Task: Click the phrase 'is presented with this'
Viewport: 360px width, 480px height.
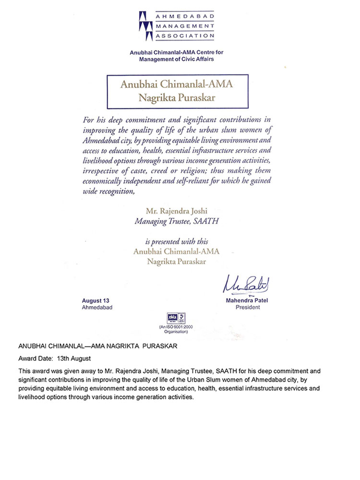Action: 179,241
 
